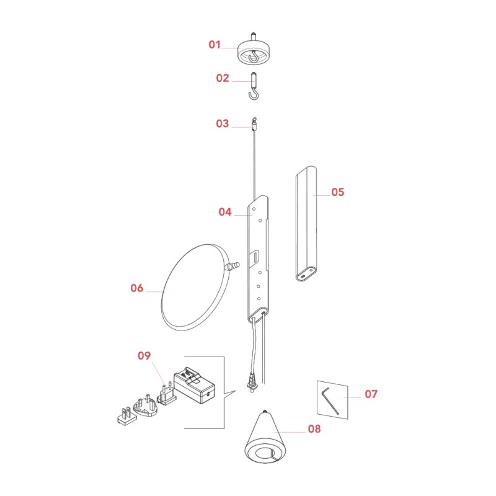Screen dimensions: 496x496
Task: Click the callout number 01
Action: (215, 45)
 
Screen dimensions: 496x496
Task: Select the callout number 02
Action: (223, 78)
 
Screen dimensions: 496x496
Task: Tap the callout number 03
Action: (223, 123)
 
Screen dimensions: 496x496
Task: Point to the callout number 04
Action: (225, 211)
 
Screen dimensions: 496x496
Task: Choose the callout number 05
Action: (337, 192)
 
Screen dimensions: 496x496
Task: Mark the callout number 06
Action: (137, 288)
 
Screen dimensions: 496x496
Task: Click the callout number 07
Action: (371, 394)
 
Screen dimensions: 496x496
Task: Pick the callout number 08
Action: (314, 428)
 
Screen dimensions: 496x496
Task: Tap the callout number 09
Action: (144, 355)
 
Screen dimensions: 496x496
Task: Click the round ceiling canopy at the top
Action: (253, 51)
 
